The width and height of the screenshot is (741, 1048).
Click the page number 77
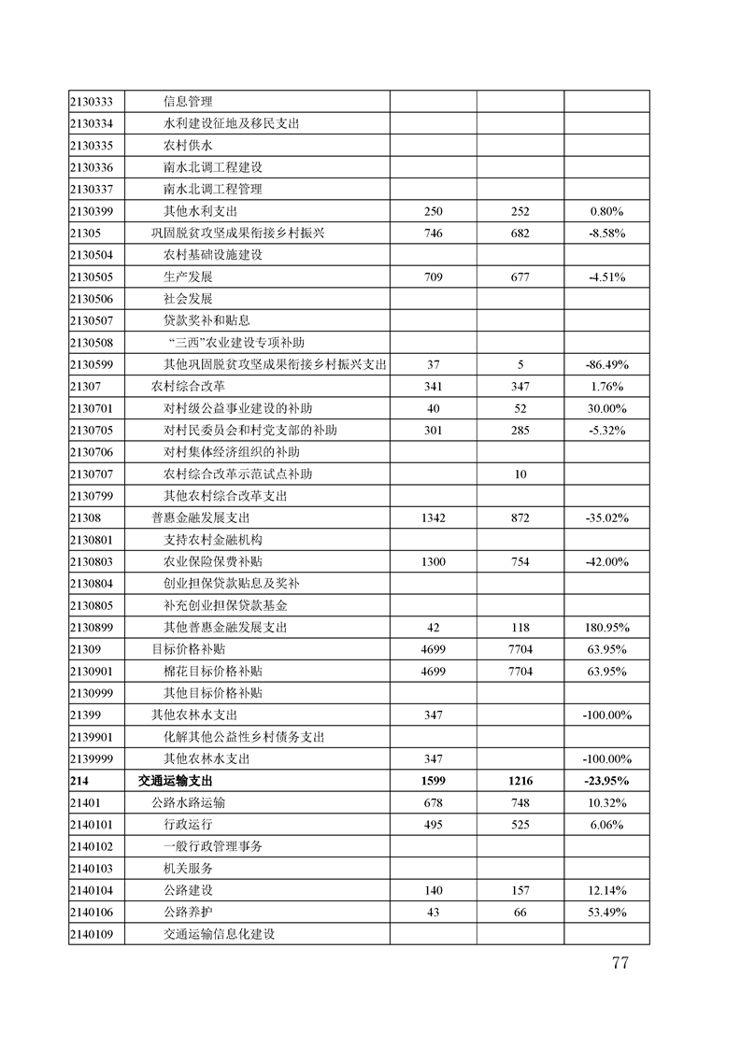coord(619,964)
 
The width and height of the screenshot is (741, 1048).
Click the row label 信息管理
coord(188,102)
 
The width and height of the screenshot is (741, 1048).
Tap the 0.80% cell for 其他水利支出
coord(606,211)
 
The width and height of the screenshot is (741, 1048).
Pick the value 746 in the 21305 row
coord(433,233)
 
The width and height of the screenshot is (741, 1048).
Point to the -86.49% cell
coord(606,363)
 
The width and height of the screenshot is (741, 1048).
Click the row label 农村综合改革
coord(188,386)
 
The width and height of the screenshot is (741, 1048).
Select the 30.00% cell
coord(606,408)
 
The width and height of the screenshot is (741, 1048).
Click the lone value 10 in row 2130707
coord(520,474)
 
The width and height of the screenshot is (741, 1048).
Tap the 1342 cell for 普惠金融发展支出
coord(433,517)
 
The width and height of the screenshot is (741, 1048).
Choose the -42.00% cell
coord(606,561)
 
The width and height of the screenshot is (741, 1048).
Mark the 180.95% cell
coord(606,627)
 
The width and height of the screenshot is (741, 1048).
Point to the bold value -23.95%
coord(606,781)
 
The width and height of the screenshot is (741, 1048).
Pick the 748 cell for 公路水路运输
coord(520,802)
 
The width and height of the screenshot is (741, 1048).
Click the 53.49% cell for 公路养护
coord(606,912)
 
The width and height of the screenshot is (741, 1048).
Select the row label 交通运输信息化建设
coord(223,933)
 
